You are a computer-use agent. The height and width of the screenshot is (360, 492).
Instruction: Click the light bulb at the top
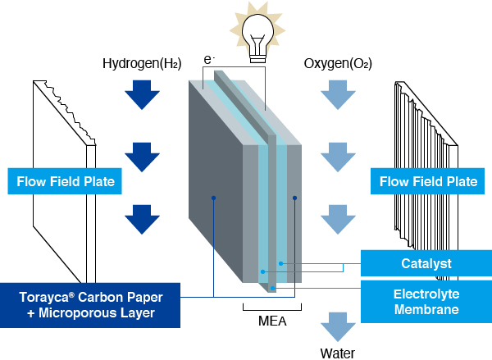[x=258, y=38]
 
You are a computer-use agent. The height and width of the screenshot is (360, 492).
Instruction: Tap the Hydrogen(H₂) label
[x=142, y=63]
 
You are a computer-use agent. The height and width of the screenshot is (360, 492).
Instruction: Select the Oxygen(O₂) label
[x=338, y=63]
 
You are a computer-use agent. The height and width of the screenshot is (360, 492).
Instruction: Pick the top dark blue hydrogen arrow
[x=142, y=95]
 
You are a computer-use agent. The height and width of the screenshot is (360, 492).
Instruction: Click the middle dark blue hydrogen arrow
[x=142, y=157]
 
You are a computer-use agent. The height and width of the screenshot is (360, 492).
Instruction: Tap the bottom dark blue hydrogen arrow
[x=142, y=220]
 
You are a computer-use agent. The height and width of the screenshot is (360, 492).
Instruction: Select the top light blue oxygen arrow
[x=338, y=95]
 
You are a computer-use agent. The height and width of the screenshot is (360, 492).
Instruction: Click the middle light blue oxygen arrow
[x=338, y=157]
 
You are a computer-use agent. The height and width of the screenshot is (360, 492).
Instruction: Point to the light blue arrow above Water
[x=338, y=327]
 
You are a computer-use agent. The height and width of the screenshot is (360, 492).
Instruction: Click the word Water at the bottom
[x=338, y=353]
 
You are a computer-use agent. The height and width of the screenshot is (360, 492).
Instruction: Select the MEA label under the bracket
[x=272, y=321]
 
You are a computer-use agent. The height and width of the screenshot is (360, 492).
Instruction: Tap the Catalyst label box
[x=426, y=263]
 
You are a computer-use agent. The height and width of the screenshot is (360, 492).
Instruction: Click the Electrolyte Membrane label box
[x=426, y=302]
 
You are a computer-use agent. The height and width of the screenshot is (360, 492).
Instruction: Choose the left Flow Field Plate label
[x=65, y=181]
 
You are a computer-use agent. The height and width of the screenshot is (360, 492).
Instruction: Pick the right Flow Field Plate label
[x=428, y=181]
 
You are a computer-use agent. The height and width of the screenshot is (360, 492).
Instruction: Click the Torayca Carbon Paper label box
[x=90, y=305]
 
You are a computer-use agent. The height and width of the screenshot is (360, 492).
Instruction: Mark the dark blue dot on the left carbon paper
[x=213, y=198]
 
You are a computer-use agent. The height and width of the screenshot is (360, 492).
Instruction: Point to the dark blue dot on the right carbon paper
[x=294, y=198]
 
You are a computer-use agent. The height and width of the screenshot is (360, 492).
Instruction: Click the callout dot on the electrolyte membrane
[x=273, y=288]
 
